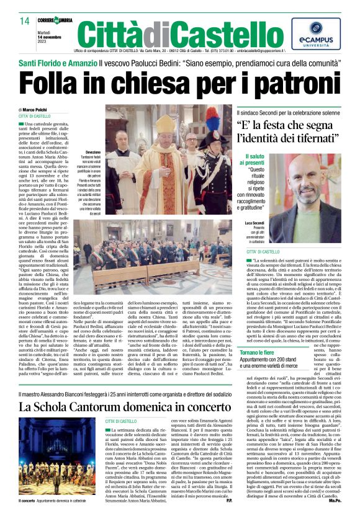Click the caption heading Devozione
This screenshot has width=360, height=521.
click(93, 151)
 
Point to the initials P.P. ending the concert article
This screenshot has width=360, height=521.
click(227, 517)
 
